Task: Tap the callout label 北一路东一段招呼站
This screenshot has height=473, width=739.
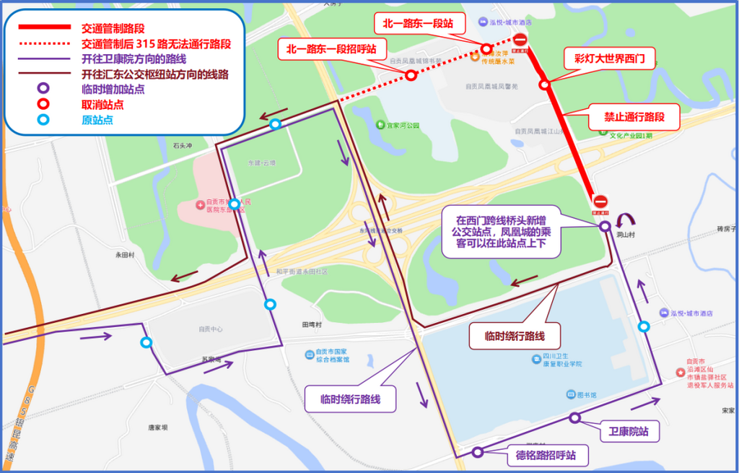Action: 331,50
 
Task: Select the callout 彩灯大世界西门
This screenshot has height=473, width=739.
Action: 610,58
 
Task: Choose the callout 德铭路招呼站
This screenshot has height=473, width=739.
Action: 546,456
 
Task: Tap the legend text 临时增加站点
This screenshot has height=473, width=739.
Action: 113,89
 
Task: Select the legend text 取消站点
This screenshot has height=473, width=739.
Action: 102,105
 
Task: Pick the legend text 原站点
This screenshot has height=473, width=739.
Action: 97,120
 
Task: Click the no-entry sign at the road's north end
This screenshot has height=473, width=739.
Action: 520,40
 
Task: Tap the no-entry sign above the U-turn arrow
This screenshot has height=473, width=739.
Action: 600,202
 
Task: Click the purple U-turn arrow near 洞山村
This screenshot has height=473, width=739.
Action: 625,220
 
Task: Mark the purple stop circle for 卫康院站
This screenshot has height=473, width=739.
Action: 574,417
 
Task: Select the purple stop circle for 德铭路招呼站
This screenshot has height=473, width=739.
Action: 477,453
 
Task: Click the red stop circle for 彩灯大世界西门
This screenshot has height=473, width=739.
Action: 545,84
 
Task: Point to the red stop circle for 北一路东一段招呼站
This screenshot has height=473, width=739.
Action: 411,75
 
